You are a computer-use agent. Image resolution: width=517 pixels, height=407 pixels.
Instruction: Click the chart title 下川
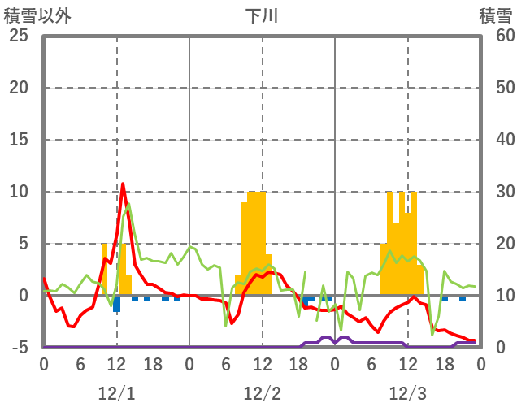[x=262, y=15]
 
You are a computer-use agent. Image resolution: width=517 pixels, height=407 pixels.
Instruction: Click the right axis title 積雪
[x=495, y=15]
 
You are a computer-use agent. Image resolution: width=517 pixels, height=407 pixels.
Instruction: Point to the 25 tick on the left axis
[x=19, y=36]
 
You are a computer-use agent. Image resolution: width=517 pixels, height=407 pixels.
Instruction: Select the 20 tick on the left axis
[x=19, y=88]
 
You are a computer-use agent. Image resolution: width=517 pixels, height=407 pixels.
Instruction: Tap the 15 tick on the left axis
[x=19, y=140]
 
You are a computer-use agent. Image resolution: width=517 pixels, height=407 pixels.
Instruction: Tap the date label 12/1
[x=116, y=393]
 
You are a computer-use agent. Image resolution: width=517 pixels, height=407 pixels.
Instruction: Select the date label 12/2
[x=262, y=393]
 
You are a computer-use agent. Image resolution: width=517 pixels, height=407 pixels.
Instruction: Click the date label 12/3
[x=407, y=393]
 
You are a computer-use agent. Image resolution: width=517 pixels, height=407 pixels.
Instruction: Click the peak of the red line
[x=123, y=184]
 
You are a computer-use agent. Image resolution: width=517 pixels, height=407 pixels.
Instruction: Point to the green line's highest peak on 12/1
[x=128, y=204]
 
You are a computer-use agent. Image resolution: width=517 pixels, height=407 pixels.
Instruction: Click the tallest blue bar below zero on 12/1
[x=117, y=304]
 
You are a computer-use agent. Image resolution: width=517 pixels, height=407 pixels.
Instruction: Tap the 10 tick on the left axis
[x=19, y=192]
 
